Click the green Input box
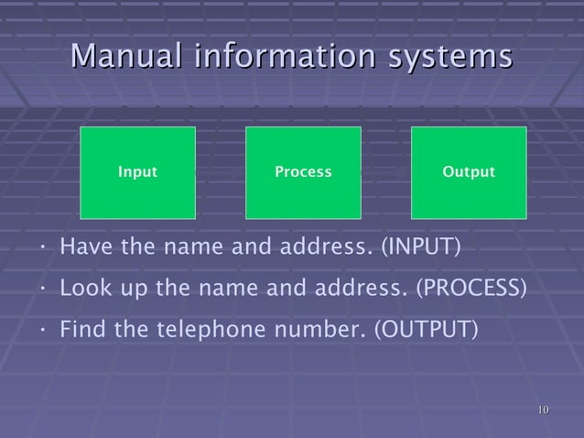pos(138,172)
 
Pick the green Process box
pos(303,172)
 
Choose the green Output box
pos(469,172)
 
